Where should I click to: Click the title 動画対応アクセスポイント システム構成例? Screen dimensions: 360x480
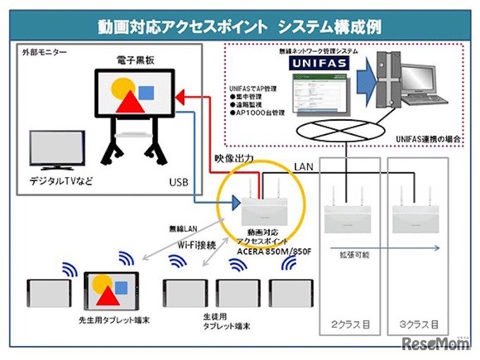coord(240,27)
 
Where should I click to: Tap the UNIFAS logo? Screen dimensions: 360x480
coord(316,64)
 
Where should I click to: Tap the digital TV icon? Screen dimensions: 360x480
coord(56,151)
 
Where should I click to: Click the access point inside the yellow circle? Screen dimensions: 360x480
coord(263,208)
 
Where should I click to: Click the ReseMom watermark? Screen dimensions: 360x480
coord(434,344)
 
